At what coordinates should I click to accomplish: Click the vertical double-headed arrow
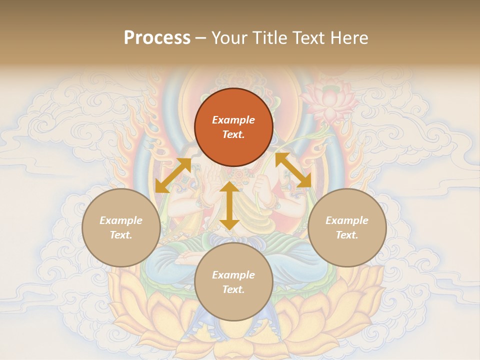[229, 205]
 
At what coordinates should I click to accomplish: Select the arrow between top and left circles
[173, 175]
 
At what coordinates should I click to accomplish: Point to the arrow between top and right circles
[293, 170]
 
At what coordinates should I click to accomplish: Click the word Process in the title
[157, 37]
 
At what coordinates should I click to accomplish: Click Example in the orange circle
[233, 120]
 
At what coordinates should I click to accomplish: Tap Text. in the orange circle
[233, 134]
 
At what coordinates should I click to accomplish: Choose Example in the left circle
[121, 220]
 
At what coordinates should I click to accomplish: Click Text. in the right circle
[347, 235]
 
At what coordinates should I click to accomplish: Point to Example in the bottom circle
[233, 275]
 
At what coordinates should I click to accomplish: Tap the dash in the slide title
[201, 38]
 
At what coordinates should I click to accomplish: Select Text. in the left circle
[121, 235]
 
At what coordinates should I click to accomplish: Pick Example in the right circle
[347, 220]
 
